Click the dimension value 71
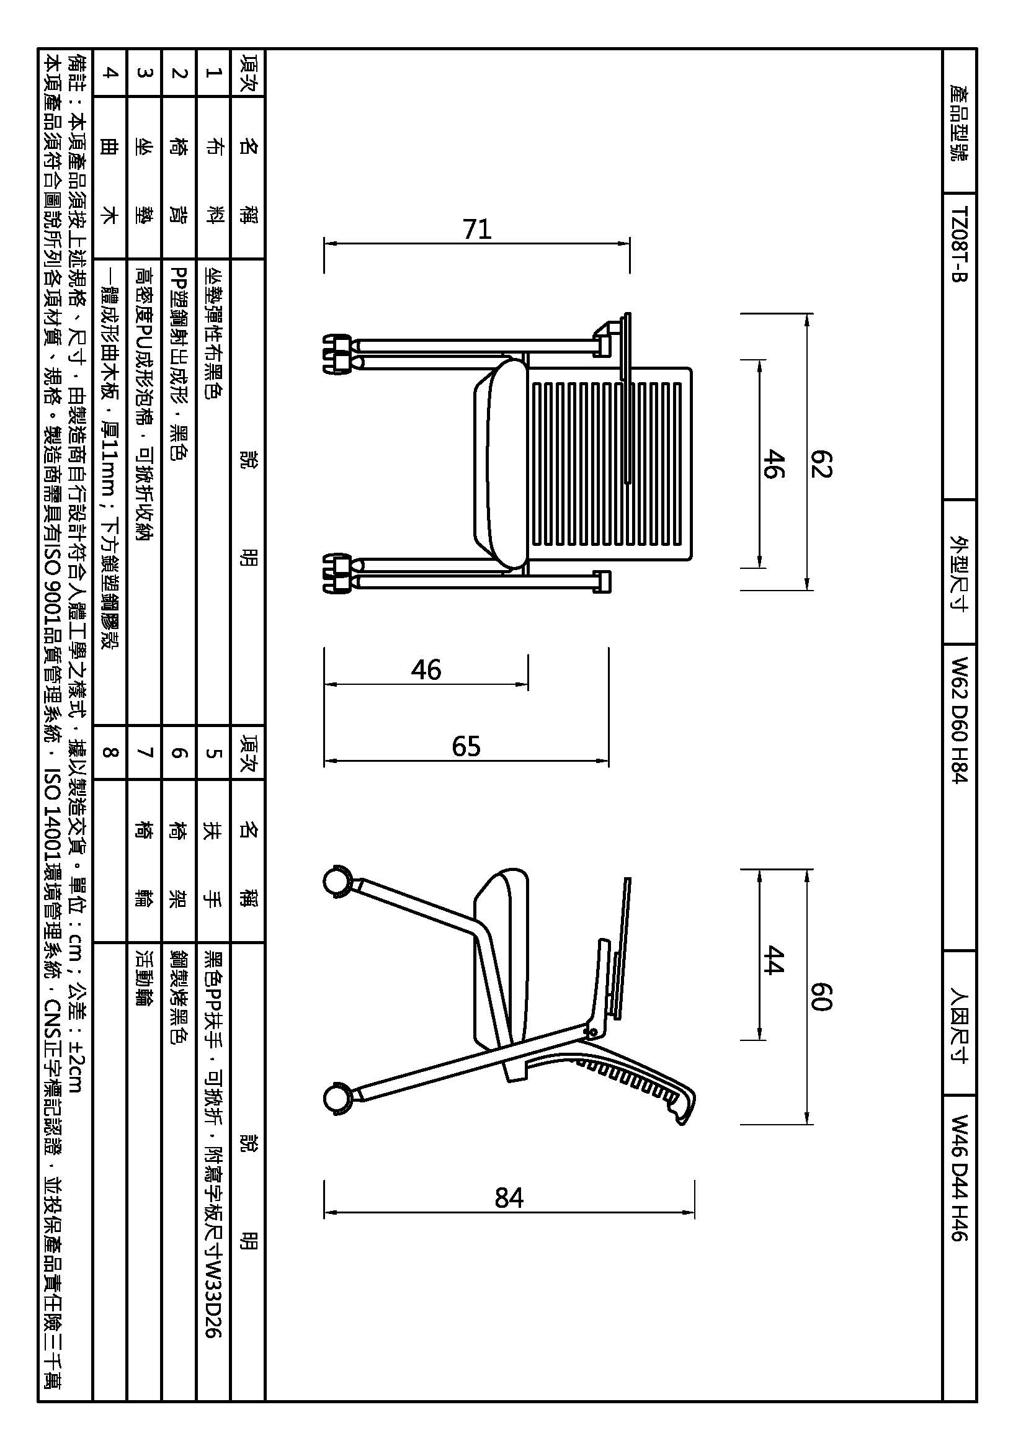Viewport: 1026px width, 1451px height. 477,230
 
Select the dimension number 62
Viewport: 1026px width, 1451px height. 821,464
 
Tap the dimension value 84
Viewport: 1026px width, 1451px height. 509,1197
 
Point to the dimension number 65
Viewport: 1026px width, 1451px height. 466,746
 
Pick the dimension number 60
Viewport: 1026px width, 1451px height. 821,998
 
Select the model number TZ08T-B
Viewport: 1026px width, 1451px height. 959,244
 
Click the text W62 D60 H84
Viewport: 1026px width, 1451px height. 959,720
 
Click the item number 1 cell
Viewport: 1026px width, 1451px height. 213,72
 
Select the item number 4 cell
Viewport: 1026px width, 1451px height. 110,72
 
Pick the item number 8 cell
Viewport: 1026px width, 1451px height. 110,752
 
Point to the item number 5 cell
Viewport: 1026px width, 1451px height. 213,752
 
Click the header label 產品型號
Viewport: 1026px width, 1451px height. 959,123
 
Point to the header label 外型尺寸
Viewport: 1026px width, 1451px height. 959,573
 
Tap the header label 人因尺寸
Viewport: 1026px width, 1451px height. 959,1025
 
